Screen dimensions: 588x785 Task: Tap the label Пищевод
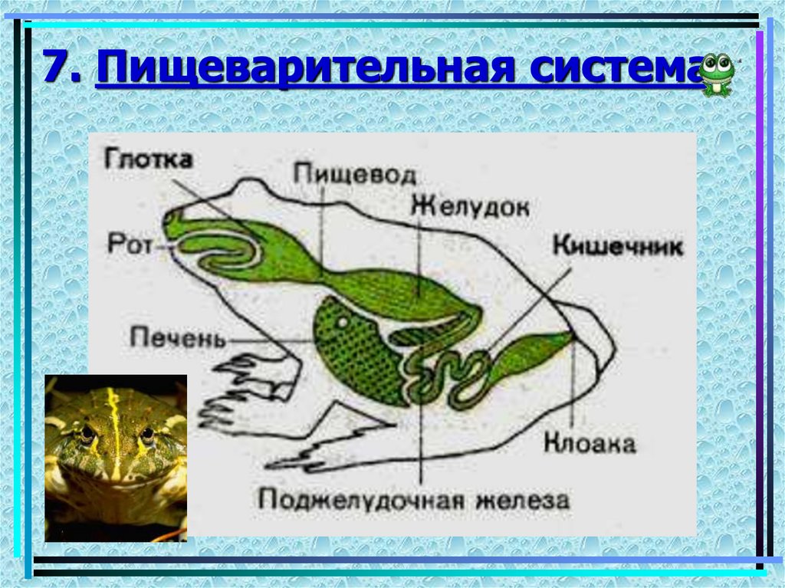tap(355, 173)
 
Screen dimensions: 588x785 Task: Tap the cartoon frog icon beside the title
tap(718, 74)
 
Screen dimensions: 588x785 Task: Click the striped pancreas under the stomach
tap(417, 334)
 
